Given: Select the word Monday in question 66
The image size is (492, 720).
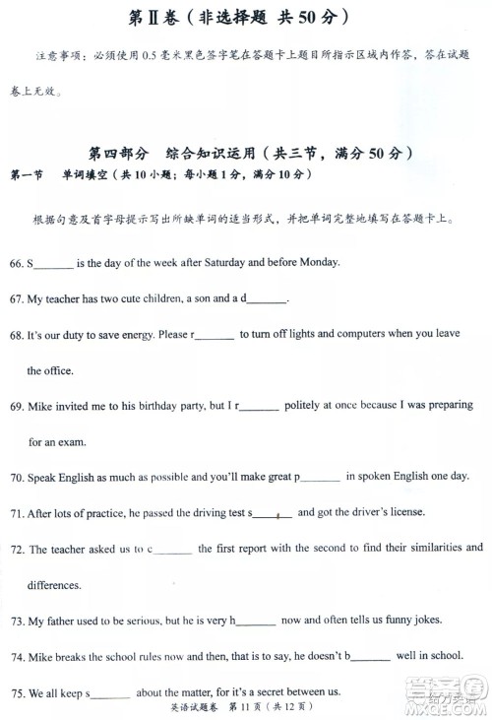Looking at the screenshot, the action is [318, 263].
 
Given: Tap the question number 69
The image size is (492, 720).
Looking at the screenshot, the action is [16, 406].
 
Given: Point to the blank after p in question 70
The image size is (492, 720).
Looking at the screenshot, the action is [320, 478].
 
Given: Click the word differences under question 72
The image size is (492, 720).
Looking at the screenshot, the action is [54, 585].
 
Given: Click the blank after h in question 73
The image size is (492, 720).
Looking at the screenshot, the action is [256, 622].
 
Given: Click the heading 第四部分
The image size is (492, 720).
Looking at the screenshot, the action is [117, 154].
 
